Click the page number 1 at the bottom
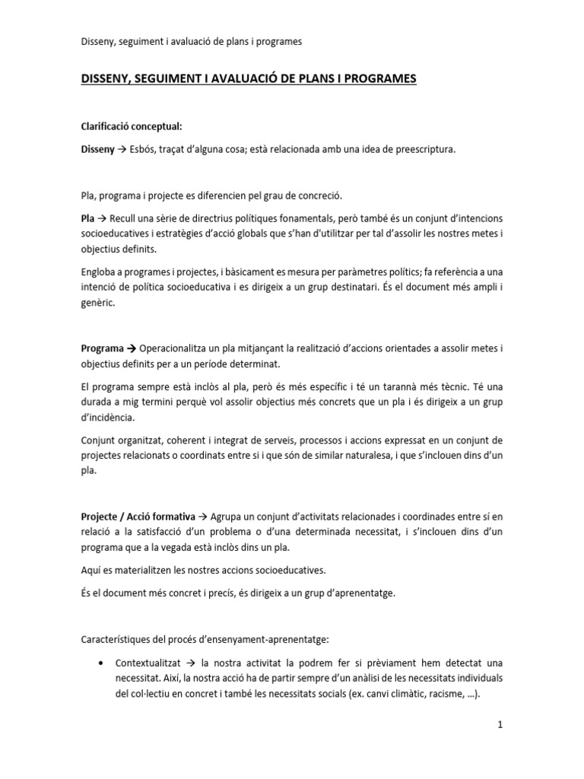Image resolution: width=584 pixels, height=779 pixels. click(500, 725)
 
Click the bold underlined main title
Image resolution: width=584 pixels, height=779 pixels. click(249, 78)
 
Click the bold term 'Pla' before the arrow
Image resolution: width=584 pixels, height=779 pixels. click(87, 218)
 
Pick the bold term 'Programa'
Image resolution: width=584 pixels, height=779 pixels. click(103, 348)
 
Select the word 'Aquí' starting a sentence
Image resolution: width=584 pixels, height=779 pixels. click(90, 571)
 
